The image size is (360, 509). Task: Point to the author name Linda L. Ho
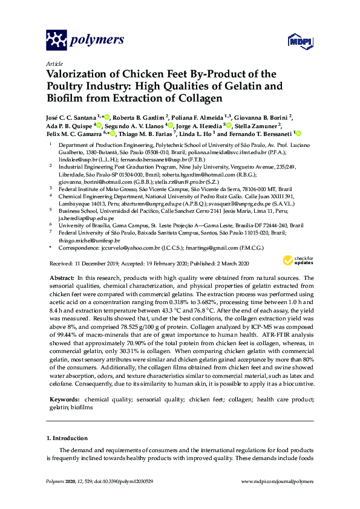(195, 134)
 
